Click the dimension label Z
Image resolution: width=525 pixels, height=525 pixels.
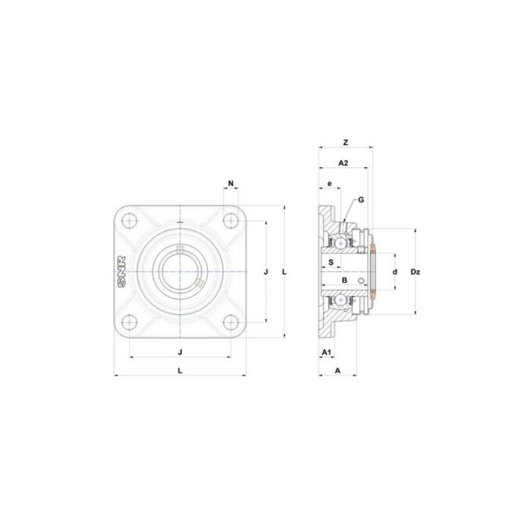345,142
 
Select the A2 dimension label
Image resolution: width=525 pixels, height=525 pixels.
343,162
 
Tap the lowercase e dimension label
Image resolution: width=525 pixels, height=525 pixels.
329,184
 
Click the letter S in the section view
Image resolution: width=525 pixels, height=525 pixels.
331,262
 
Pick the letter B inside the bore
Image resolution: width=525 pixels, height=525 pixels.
344,280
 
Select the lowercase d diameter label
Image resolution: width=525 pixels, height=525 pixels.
395,271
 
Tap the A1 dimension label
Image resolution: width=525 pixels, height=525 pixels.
325,352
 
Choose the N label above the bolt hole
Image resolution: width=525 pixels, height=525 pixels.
230,182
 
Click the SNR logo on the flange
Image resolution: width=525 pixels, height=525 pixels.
121,271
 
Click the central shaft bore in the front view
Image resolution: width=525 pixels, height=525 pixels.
180,271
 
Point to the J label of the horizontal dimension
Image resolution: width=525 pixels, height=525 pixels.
180,352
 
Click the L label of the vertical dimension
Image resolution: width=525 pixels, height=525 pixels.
283,271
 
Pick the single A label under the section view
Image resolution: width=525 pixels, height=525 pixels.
337,370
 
